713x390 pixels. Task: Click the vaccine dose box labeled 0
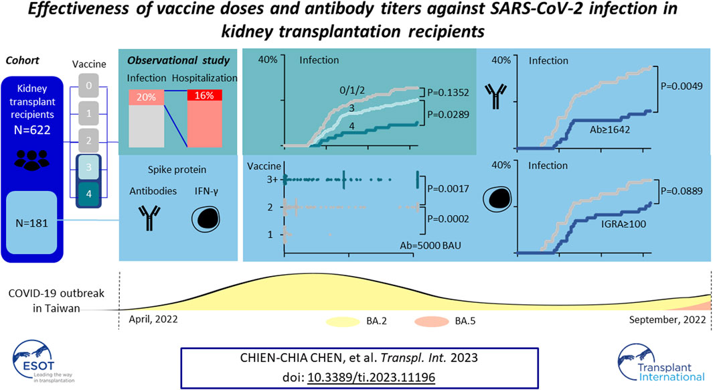(88, 86)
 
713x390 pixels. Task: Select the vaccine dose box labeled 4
(88, 194)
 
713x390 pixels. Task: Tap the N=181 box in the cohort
(32, 223)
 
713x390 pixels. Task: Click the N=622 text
(32, 130)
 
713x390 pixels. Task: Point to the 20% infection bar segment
(147, 97)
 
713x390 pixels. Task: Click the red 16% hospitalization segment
(205, 95)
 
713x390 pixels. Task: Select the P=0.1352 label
(448, 92)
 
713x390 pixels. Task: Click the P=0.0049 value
(682, 86)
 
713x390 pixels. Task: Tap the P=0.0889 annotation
(682, 191)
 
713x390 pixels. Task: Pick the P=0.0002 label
(448, 219)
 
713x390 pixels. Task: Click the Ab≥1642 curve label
(610, 130)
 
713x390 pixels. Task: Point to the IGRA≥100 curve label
(623, 224)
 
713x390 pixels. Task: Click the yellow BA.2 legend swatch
(342, 322)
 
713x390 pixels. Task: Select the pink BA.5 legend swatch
(432, 321)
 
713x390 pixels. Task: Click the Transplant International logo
(661, 363)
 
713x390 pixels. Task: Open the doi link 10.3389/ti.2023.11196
(372, 377)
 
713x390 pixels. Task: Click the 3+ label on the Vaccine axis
(272, 180)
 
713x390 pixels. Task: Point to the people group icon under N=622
(32, 159)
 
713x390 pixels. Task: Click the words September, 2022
(667, 320)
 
